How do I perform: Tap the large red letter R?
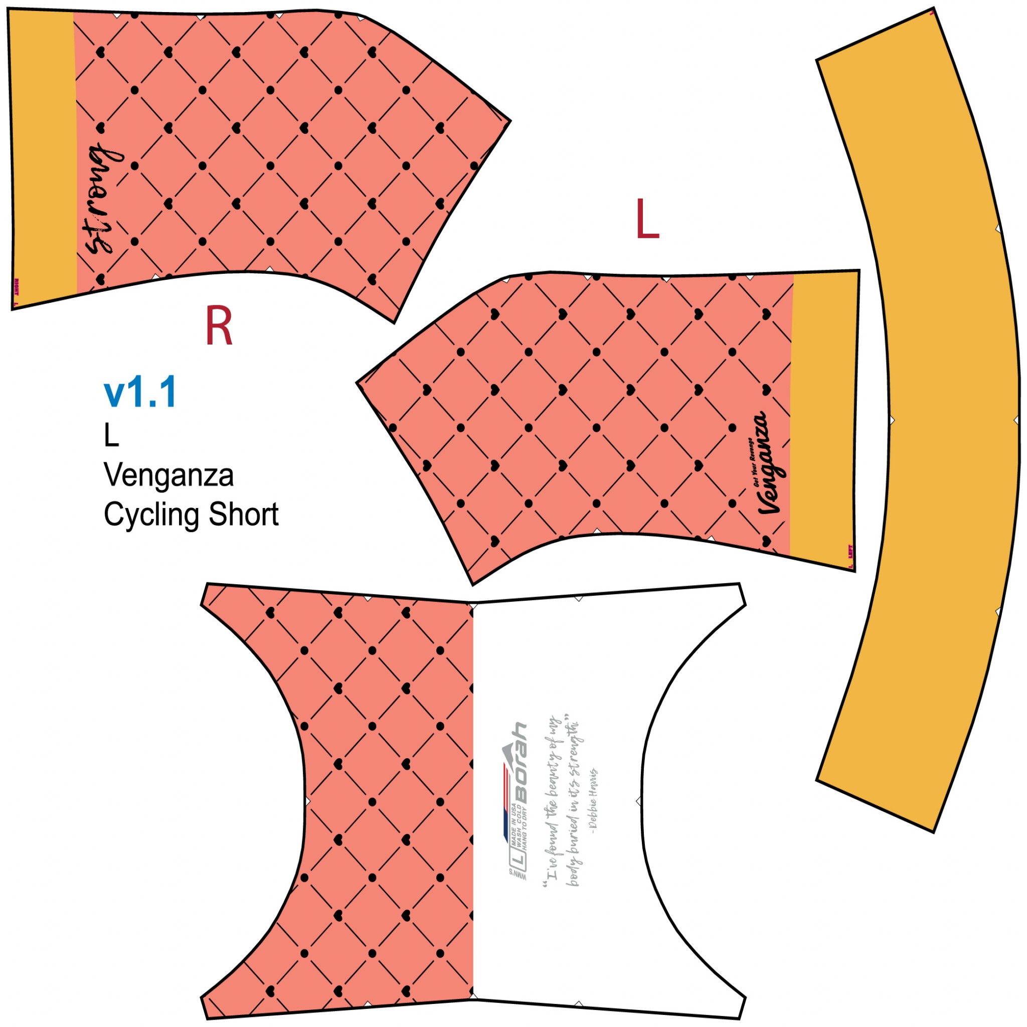219,326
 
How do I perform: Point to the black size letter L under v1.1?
111,436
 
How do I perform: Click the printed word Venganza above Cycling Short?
168,475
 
